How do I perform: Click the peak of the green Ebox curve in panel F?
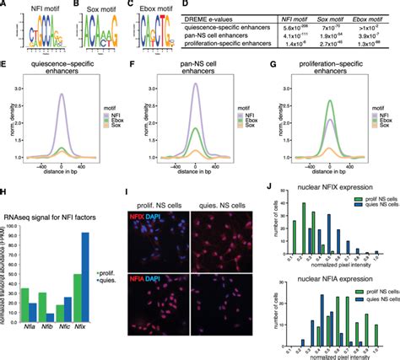[195, 127]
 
